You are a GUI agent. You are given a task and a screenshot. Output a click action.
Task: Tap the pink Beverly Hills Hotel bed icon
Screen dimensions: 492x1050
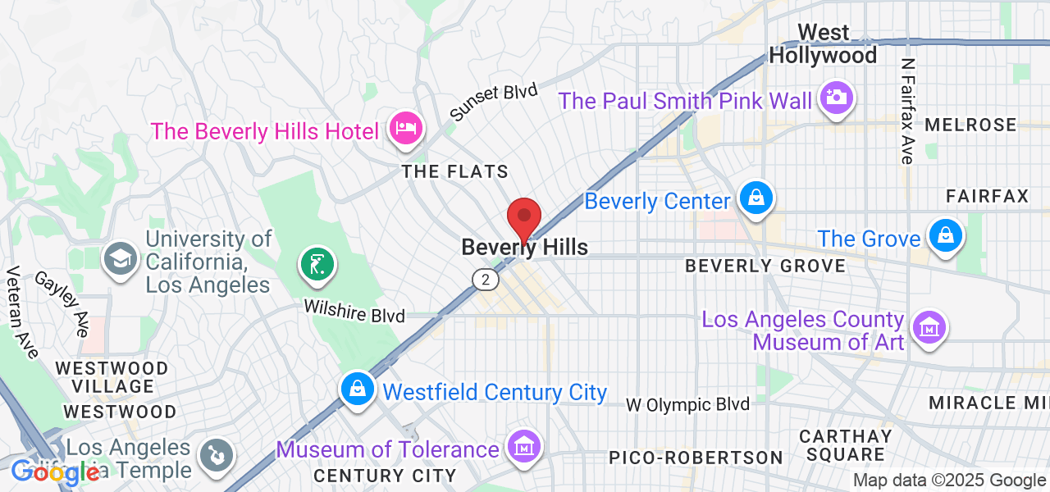point(405,128)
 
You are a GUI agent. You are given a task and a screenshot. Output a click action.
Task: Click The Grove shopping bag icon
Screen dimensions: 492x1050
point(946,236)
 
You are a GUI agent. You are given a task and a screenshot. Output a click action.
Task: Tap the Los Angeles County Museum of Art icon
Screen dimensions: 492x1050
point(929,328)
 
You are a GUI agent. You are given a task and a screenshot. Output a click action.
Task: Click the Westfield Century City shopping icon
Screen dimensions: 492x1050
point(358,389)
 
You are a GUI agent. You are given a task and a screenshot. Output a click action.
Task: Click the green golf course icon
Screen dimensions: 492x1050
point(317,264)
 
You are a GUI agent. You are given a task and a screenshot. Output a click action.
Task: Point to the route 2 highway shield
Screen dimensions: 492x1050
point(486,280)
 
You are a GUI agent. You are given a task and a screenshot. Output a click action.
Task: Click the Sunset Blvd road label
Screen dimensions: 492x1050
point(493,102)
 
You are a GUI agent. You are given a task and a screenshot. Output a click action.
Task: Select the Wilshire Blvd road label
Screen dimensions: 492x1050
point(354,310)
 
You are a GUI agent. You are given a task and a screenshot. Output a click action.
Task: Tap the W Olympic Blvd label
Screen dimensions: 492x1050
point(687,404)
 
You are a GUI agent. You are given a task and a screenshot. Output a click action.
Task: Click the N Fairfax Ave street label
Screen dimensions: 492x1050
point(907,111)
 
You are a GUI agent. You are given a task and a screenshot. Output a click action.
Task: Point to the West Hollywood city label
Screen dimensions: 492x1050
point(824,44)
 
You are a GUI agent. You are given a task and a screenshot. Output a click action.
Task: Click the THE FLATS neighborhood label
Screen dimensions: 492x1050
point(454,172)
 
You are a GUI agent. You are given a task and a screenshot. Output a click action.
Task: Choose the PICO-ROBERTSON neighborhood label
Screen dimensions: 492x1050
point(696,457)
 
